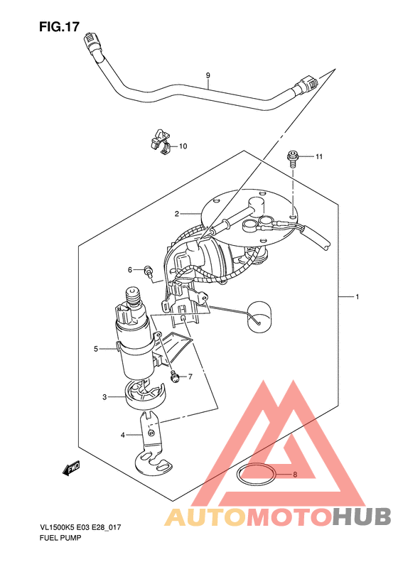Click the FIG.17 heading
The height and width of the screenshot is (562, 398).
point(59,26)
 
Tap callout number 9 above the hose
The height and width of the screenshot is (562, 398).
point(208,75)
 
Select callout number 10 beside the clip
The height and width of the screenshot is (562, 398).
point(183,146)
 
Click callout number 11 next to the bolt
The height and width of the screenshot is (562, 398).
point(319,156)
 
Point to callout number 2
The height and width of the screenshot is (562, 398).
point(177,214)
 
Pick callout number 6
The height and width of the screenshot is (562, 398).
point(130,269)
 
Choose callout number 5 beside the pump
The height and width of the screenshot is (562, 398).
point(96,348)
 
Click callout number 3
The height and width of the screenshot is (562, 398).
point(104,397)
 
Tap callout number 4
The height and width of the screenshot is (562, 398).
point(123,435)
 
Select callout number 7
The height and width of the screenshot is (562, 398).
point(190,377)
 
